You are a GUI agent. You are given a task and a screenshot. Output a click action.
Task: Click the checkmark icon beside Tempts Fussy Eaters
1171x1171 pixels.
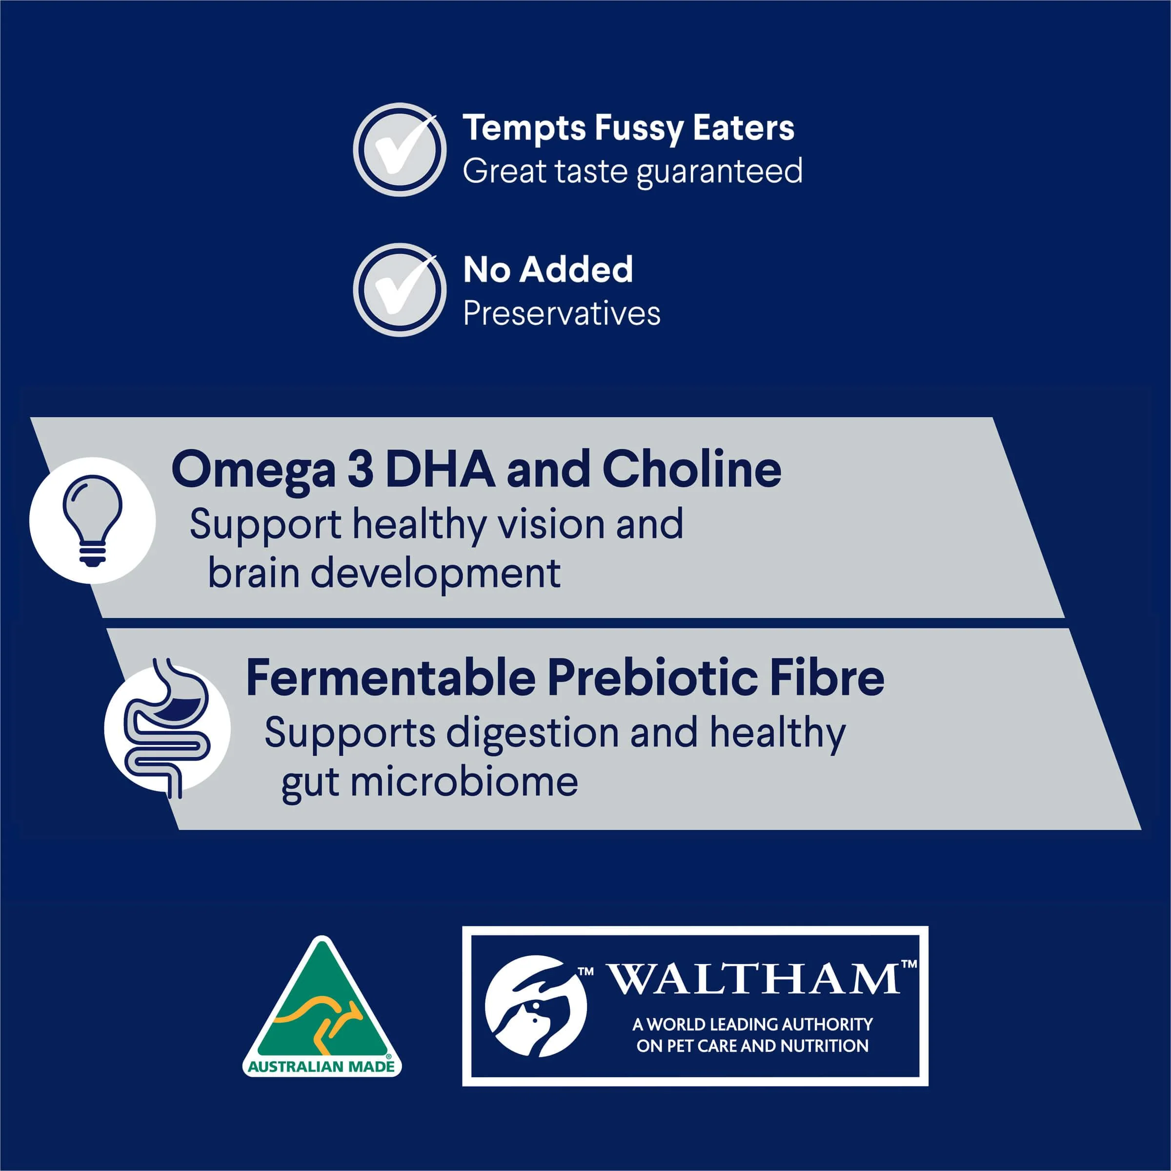click(x=400, y=149)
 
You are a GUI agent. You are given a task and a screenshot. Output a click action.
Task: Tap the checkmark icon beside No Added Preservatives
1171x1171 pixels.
click(x=400, y=290)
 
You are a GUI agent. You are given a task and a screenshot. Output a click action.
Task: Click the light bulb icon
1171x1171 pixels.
click(x=93, y=520)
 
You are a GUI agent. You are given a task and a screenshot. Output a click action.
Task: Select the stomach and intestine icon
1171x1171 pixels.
click(x=167, y=728)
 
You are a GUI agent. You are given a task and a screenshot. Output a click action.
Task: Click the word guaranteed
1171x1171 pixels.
click(x=720, y=172)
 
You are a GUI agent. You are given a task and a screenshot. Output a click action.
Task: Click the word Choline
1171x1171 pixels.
click(x=691, y=469)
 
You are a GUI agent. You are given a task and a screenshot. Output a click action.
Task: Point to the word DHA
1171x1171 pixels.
click(x=440, y=469)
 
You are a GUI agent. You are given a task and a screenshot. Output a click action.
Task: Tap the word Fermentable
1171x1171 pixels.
click(x=391, y=677)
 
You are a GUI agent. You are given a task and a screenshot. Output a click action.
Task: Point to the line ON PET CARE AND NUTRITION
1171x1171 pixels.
click(x=752, y=1046)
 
